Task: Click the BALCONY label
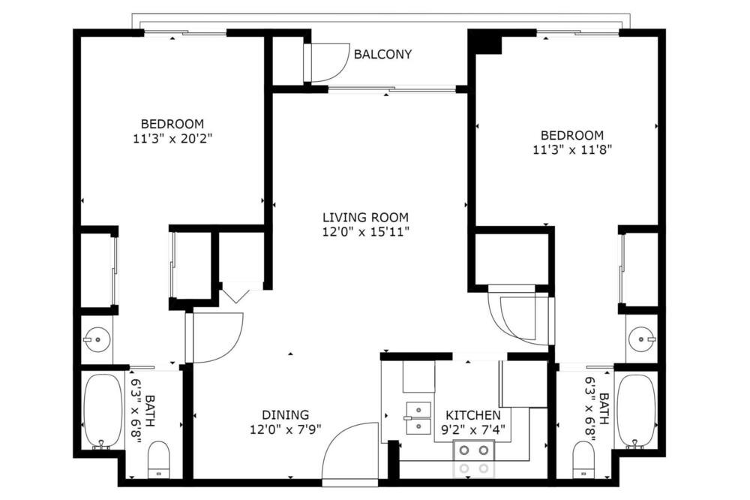click(382, 54)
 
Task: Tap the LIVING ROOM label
click(365, 218)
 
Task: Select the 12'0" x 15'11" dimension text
click(365, 232)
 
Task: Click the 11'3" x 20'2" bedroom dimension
click(172, 139)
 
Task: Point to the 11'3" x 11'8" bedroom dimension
click(572, 150)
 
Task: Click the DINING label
click(286, 414)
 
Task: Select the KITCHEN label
click(473, 414)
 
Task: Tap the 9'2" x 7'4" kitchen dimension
click(473, 429)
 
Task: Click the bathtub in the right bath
click(636, 411)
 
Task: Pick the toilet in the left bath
click(159, 459)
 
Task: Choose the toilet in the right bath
click(583, 459)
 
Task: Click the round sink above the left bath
click(97, 339)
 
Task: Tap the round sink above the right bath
click(641, 339)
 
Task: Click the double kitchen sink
click(418, 418)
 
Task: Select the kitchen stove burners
click(473, 459)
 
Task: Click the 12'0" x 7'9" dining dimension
click(286, 429)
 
